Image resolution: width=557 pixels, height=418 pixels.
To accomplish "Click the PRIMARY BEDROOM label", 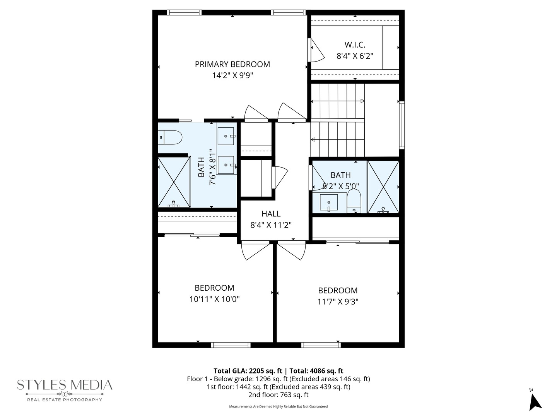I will [x=232, y=64].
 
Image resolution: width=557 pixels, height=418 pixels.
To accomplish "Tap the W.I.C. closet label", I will [x=355, y=45].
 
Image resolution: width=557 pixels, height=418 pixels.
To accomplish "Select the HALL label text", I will [x=271, y=214].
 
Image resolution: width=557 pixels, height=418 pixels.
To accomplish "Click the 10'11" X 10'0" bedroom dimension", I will [x=214, y=299].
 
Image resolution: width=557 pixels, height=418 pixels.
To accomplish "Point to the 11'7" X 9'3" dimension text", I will [x=338, y=302].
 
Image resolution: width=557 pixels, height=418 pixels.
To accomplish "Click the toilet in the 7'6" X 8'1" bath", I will [x=170, y=137].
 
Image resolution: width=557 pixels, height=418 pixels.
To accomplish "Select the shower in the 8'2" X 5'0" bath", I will [x=383, y=187].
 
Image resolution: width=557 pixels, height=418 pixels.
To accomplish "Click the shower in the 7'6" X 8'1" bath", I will [x=174, y=182].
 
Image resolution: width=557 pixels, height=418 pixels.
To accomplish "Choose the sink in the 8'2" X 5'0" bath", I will [x=329, y=202].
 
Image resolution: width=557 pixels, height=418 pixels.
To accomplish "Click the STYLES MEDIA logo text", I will [x=64, y=385].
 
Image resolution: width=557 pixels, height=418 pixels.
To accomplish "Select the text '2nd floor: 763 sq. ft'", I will [x=278, y=395].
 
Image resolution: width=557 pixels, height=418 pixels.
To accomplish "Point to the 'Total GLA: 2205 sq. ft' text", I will [x=248, y=371].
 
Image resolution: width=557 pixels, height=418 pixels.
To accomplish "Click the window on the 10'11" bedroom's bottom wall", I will [x=231, y=344].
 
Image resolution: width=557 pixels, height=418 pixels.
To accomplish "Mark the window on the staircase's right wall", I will [x=402, y=125].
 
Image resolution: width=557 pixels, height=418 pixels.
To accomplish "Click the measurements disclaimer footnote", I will [x=278, y=407].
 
